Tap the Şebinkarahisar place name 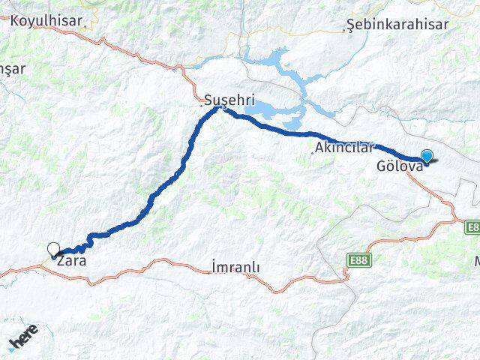click(397, 25)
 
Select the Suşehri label click(229, 98)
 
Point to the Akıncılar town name click(344, 147)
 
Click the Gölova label click(400, 166)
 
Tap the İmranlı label click(235, 267)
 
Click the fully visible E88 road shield click(359, 260)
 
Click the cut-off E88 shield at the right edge click(472, 226)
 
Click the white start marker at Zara click(53, 249)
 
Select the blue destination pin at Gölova click(427, 156)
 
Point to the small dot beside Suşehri click(202, 105)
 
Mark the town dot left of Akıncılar click(313, 153)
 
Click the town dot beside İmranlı click(209, 272)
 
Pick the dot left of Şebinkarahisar click(345, 31)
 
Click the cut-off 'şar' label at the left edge click(13, 68)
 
